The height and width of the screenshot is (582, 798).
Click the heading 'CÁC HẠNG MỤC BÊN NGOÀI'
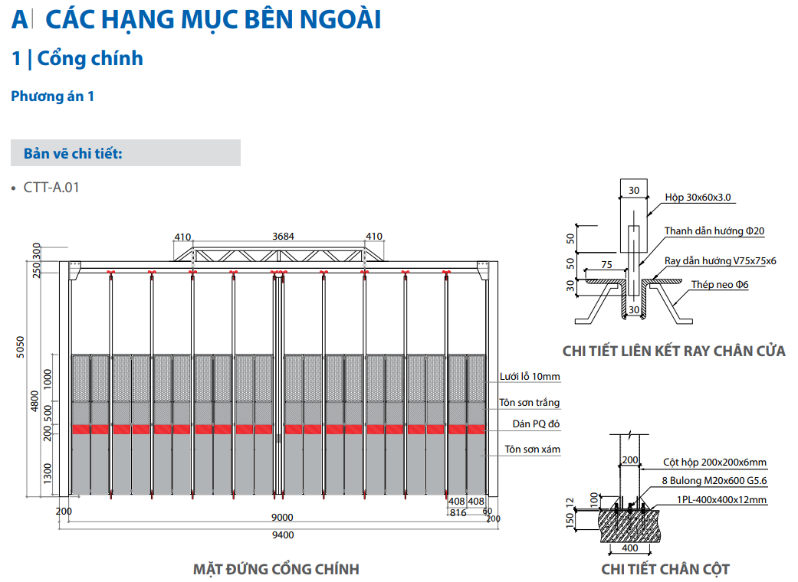point(213,20)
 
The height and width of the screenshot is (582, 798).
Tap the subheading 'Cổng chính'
point(90,58)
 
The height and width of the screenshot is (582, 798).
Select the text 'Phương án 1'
point(52,96)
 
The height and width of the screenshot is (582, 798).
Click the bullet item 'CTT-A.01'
point(51,188)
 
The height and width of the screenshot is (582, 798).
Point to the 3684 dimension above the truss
point(283,237)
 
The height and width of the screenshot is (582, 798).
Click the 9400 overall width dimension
point(282,535)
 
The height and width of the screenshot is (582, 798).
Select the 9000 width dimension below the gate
point(282,517)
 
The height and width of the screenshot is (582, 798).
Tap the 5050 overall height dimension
point(21,347)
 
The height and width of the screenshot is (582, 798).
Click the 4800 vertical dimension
point(34,401)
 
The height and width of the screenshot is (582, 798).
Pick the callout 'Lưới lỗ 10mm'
point(530,377)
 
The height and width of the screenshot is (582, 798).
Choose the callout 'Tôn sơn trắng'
point(529,403)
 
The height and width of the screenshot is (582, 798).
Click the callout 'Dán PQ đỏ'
point(536,424)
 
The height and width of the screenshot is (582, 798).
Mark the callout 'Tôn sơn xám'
point(532,450)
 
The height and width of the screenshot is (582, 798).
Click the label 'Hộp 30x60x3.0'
point(698,198)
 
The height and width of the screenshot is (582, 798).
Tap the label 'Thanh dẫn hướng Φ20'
point(714,231)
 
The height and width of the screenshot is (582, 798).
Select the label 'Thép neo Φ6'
point(720,285)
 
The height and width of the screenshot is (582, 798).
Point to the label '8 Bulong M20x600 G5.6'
point(714,481)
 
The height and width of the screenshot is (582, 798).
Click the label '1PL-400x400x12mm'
point(721,499)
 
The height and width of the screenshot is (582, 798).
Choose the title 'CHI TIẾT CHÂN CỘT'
point(665,569)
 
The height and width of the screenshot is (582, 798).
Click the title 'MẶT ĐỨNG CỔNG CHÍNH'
point(276,569)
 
